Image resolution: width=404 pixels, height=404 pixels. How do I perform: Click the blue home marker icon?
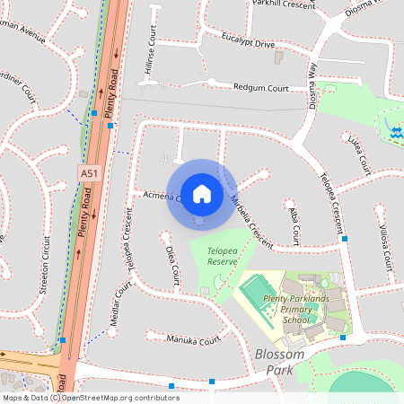(x=201, y=193)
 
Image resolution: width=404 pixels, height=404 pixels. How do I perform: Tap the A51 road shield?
(x=89, y=171)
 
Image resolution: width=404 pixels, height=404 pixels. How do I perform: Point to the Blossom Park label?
(x=278, y=361)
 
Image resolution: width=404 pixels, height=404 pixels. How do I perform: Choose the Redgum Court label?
(x=260, y=89)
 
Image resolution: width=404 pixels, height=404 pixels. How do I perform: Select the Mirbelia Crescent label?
(x=250, y=222)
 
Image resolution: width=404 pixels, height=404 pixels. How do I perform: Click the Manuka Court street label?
(x=194, y=340)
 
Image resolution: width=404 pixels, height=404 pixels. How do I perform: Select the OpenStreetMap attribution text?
(x=92, y=397)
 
